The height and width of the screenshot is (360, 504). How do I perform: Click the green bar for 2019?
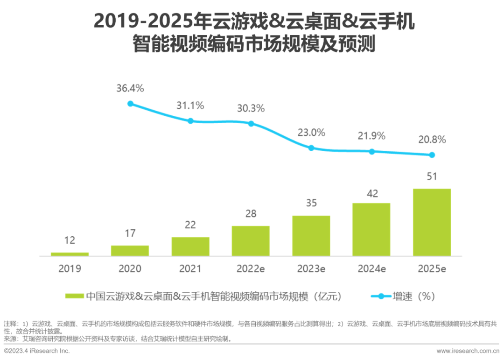point(70,254)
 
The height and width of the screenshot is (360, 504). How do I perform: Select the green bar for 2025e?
point(432,222)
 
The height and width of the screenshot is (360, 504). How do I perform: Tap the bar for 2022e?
point(251,241)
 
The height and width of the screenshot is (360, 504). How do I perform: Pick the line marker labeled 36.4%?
point(130,104)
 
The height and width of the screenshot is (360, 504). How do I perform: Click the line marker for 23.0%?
point(311,148)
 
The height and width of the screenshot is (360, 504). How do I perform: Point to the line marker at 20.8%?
point(432,155)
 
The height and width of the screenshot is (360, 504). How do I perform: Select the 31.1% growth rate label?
point(190,106)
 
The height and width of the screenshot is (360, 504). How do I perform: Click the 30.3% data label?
point(251,108)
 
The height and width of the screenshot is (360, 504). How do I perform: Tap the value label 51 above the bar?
point(432,176)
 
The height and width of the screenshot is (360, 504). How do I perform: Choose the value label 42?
point(371,193)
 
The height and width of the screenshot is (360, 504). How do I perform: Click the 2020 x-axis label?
point(130,269)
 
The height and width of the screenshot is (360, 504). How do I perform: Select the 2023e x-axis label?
point(311,269)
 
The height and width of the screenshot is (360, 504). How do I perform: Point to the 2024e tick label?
point(371,269)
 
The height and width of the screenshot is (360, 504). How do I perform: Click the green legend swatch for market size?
point(74,296)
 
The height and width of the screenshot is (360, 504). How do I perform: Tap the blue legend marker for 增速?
point(380,296)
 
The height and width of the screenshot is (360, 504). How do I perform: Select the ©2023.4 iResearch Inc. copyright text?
point(37,351)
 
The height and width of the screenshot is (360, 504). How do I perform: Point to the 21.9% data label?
point(371,136)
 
